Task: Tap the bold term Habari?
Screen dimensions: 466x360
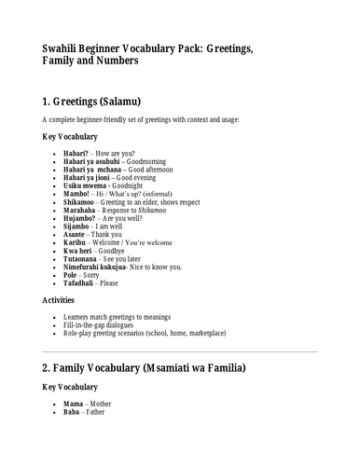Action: (76, 151)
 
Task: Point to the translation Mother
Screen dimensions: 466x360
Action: (102, 453)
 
